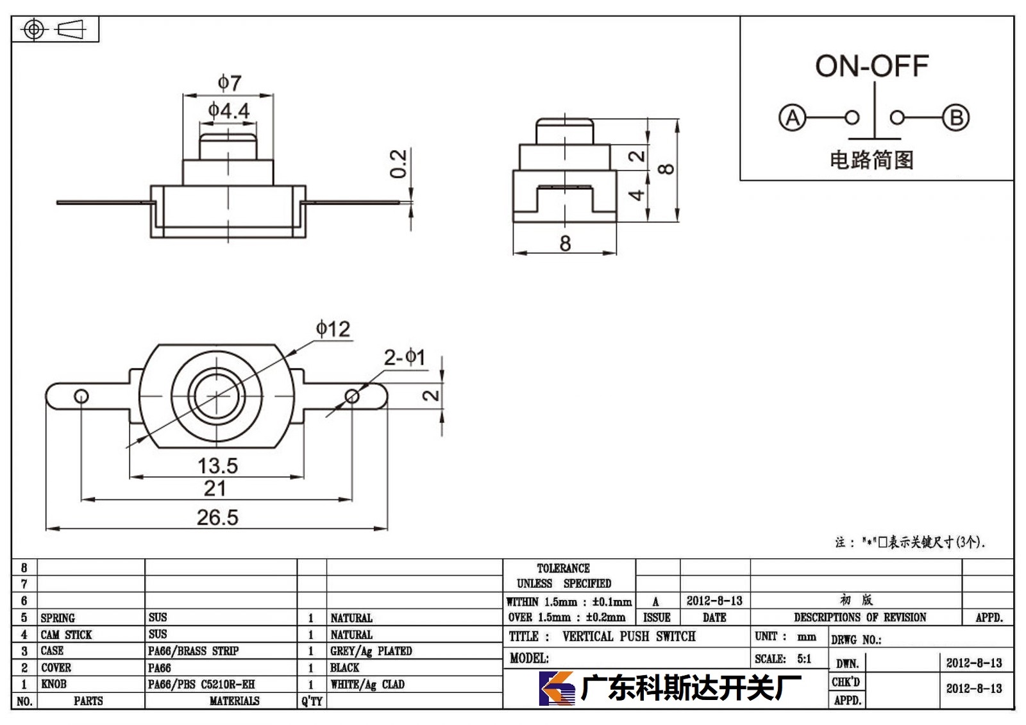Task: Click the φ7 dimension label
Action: (230, 83)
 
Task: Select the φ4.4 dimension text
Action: (228, 110)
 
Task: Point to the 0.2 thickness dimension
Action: (398, 163)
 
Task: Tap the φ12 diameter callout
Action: (333, 329)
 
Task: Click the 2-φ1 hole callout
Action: (405, 357)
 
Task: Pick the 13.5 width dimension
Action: (217, 466)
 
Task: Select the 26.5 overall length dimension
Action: (217, 517)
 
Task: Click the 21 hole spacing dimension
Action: (215, 488)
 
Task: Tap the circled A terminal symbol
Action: (792, 118)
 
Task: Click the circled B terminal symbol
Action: (956, 118)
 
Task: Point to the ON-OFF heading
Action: (872, 66)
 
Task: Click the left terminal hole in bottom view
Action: (81, 396)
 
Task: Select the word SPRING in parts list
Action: (58, 618)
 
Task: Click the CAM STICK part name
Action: (67, 635)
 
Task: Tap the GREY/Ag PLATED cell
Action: (371, 651)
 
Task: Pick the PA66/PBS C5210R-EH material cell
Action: (201, 684)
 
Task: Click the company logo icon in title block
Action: (557, 688)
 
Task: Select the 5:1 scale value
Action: (804, 658)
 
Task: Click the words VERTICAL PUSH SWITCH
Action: (629, 636)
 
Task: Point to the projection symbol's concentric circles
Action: (34, 29)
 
